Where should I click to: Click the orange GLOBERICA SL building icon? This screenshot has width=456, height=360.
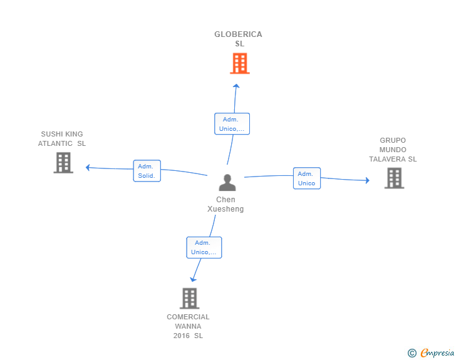240,63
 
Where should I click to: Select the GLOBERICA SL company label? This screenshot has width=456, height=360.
238,39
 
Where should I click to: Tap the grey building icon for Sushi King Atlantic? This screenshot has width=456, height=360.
63,163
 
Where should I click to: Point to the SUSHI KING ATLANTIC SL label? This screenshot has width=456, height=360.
62,139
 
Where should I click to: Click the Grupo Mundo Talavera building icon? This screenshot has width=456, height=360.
395,178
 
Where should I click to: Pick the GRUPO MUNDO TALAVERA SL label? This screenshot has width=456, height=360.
393,150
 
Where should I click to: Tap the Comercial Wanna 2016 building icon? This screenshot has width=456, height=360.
190,299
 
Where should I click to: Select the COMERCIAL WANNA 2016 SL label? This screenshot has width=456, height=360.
188,326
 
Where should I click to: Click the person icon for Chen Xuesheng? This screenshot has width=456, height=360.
227,183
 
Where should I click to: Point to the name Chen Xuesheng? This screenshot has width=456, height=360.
225,204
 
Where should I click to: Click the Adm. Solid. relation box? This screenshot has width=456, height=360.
147,171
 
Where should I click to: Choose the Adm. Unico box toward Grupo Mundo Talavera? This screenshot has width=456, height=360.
307,178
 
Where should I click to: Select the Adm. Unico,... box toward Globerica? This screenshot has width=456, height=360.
232,124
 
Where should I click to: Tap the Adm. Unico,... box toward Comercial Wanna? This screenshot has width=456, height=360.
204,247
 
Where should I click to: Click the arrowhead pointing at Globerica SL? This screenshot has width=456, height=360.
236,86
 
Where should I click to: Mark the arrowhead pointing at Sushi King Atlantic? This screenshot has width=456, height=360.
88,168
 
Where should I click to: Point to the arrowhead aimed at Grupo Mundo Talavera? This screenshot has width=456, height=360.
368,180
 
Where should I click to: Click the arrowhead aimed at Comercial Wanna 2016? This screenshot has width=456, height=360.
193,279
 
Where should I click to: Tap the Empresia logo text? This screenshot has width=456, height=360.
437,352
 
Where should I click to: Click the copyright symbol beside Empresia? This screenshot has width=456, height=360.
412,353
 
